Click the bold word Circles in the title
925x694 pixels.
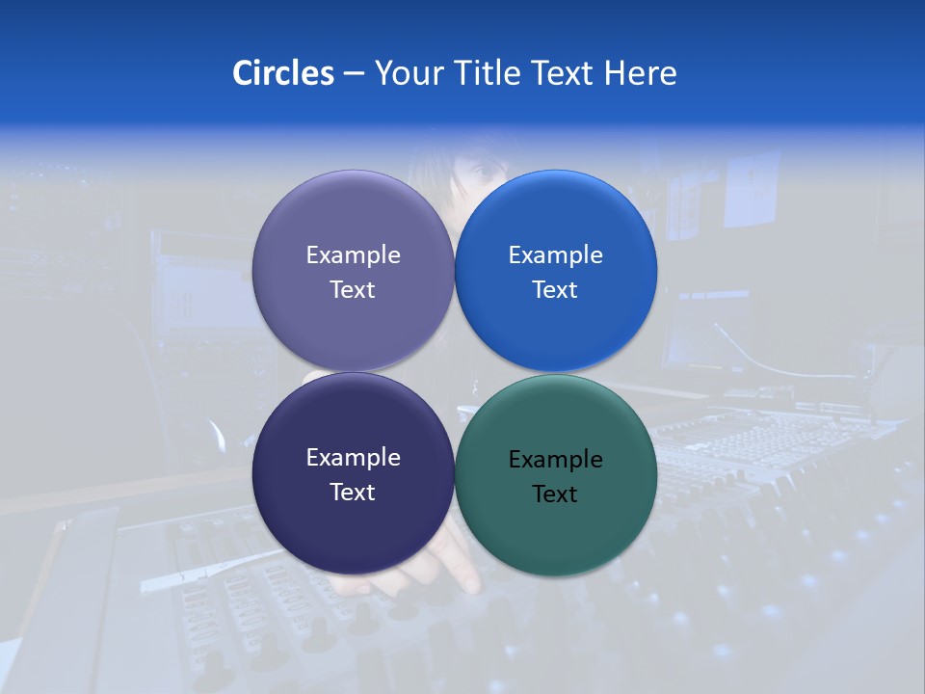coord(283,73)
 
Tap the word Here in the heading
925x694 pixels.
coord(640,73)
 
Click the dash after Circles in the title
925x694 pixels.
coord(354,73)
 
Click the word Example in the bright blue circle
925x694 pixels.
coord(555,254)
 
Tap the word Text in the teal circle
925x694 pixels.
coord(555,494)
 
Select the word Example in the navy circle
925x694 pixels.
coord(353,458)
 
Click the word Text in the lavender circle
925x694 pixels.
coord(353,289)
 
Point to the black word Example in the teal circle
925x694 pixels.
coord(555,460)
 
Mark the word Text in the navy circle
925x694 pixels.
coord(353,492)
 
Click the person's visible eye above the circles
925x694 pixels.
coord(482,173)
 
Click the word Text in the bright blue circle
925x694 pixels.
coord(555,289)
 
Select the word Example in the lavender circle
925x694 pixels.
coord(353,254)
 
